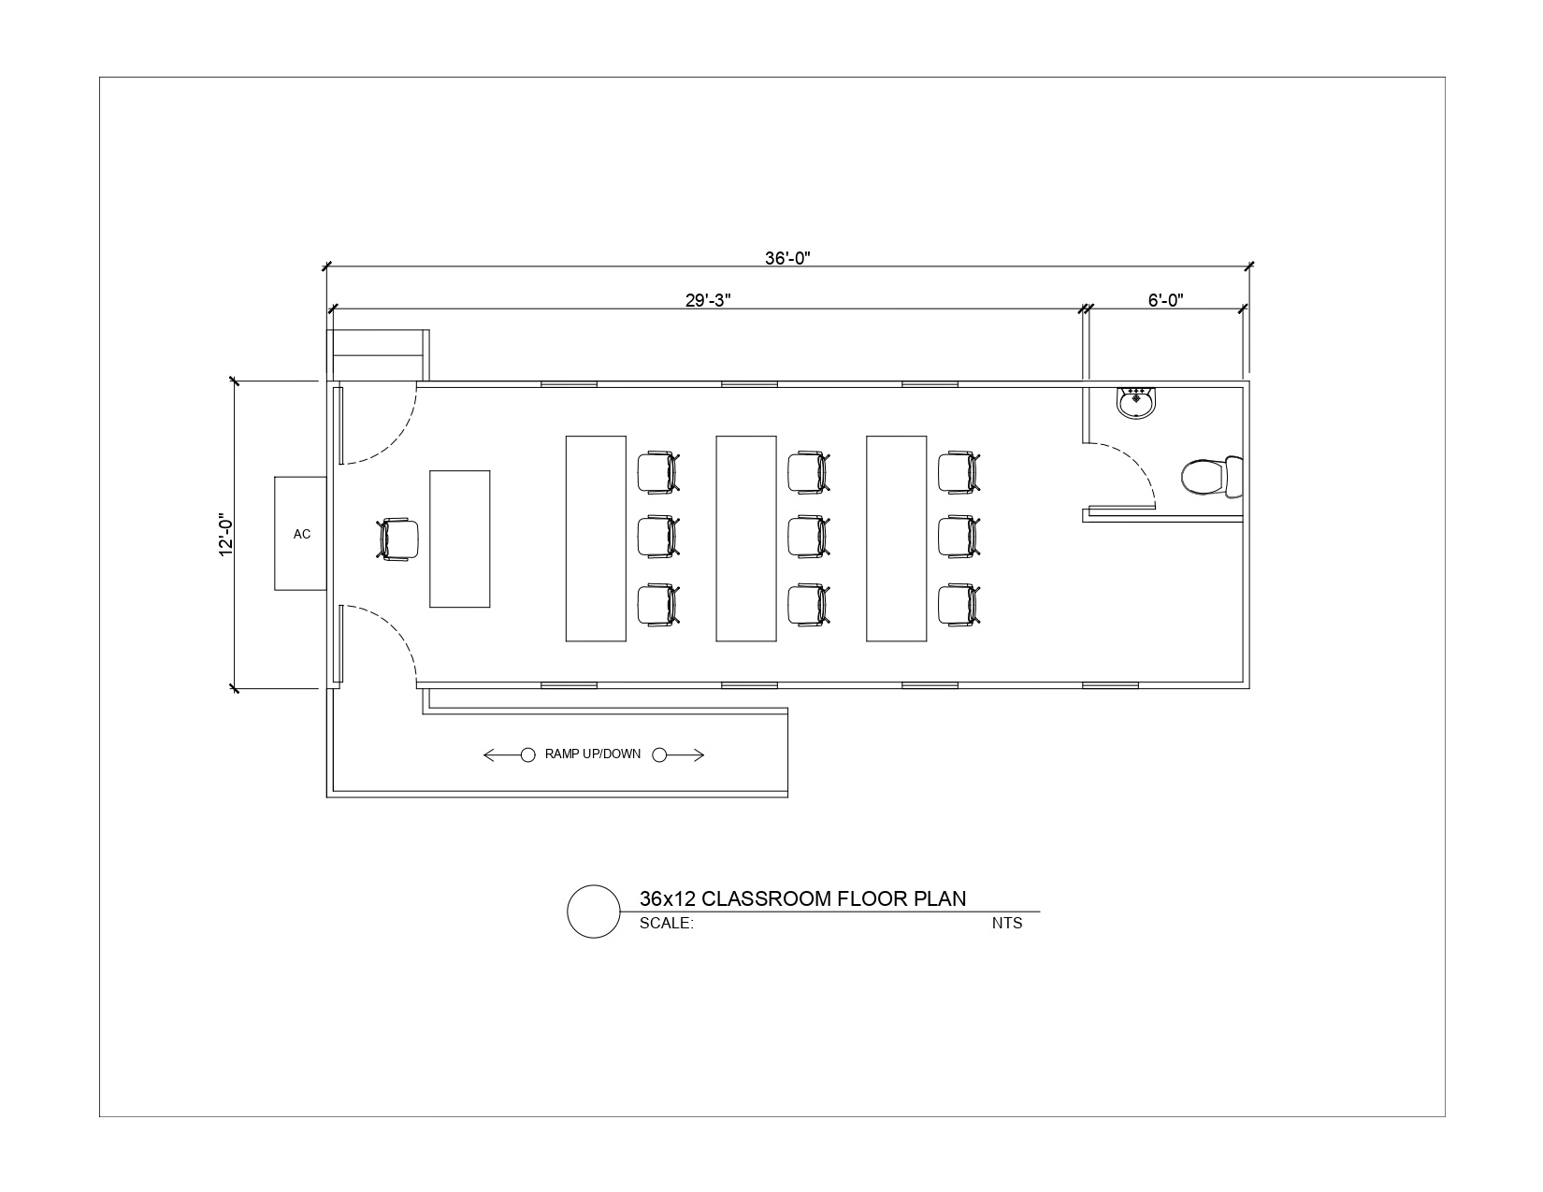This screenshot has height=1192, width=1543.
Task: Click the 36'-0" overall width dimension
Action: point(786,258)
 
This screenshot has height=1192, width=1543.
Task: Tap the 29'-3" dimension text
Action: point(707,300)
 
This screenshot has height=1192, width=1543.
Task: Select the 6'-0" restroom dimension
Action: point(1165,300)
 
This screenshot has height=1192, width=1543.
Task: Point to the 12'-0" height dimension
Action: point(225,535)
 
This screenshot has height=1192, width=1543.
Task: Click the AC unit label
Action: point(302,534)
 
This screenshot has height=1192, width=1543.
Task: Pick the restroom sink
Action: point(1136,403)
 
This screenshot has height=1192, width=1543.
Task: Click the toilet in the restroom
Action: point(1212,477)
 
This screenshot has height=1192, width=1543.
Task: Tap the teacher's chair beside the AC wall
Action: point(397,539)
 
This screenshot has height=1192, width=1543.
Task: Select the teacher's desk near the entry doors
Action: point(459,539)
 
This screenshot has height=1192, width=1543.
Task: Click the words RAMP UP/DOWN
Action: point(592,754)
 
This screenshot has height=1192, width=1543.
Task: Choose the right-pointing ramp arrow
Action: point(678,754)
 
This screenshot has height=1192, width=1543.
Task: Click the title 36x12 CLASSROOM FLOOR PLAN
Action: point(802,898)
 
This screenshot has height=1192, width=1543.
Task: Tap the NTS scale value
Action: point(1007,923)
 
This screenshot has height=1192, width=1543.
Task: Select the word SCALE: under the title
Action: point(666,923)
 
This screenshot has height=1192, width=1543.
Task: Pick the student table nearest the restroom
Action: point(896,539)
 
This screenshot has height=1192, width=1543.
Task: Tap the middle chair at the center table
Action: point(809,538)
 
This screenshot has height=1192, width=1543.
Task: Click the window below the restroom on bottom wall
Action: point(1110,686)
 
